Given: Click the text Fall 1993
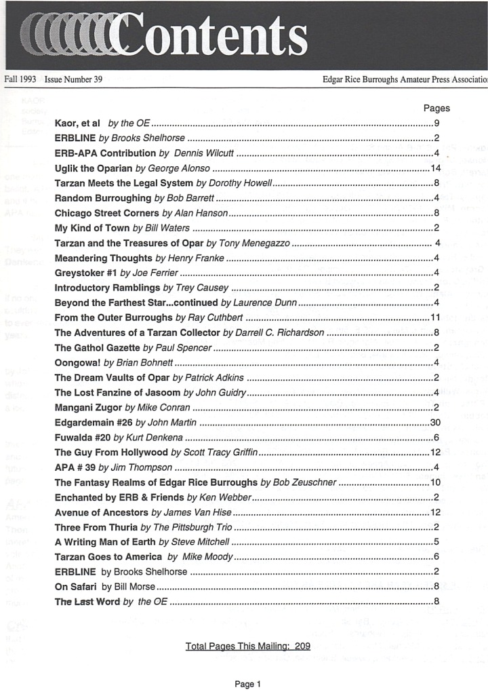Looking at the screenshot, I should click(20, 79).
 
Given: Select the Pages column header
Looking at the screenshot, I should click(436, 108).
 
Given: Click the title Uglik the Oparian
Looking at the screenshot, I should click(94, 168).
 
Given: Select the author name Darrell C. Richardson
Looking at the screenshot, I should click(281, 332).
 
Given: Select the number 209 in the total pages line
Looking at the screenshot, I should click(302, 646).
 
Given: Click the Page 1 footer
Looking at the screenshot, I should click(247, 685).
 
